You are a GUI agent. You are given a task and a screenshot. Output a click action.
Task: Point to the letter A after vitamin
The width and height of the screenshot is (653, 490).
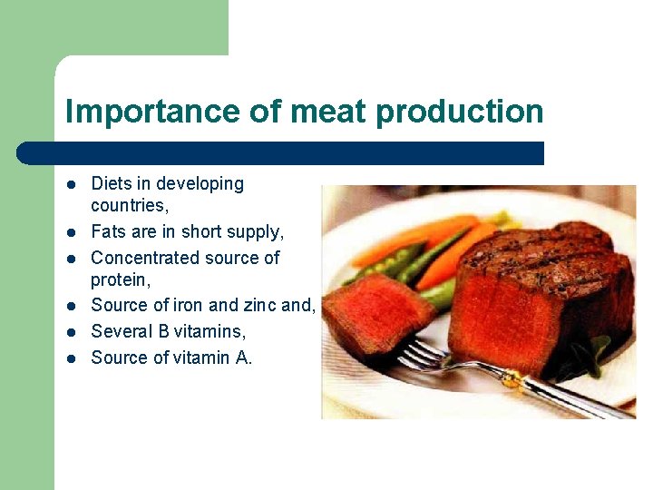[x=242, y=358]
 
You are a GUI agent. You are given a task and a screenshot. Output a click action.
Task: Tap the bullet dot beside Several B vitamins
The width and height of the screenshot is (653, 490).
[x=72, y=332]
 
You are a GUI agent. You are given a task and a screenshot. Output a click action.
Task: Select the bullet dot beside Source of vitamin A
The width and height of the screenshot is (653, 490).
[x=72, y=358]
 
